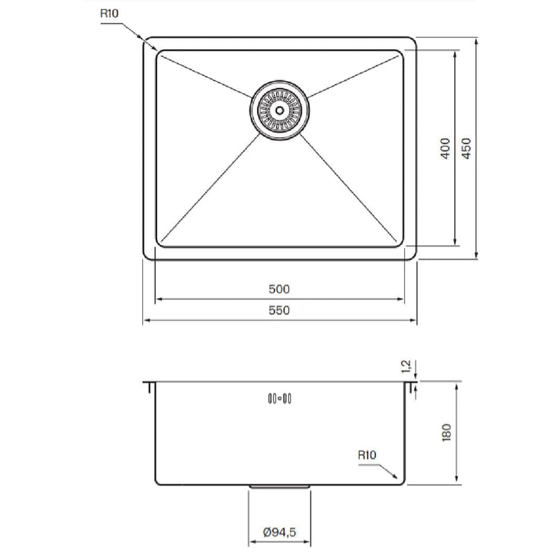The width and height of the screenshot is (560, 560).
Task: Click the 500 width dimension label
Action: click(x=279, y=289)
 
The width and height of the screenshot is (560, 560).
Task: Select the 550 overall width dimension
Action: click(x=279, y=311)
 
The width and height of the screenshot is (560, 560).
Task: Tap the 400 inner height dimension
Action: click(x=445, y=148)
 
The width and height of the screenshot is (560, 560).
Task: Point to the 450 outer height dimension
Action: click(x=466, y=148)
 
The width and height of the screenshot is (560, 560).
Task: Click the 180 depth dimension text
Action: click(x=446, y=433)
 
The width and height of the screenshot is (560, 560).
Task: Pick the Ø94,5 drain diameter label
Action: click(x=280, y=532)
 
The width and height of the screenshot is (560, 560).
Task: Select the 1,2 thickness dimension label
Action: click(x=406, y=367)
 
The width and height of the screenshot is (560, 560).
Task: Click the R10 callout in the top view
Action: click(x=109, y=13)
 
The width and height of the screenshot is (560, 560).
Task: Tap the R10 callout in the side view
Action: click(x=367, y=455)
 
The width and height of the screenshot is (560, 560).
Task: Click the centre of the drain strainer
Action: click(x=280, y=110)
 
